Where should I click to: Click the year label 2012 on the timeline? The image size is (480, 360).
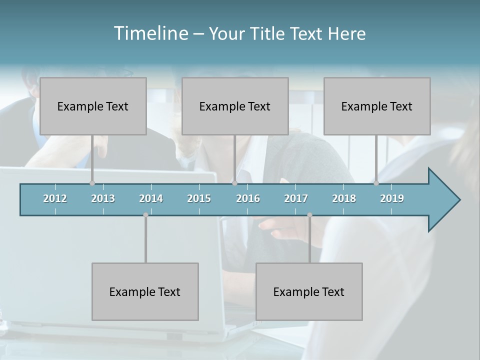[55, 198]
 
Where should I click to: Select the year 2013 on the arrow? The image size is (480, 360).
[103, 198]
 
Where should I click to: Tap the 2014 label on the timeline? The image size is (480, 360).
[151, 198]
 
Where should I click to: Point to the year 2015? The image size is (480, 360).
[199, 198]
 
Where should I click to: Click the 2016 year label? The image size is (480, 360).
[248, 198]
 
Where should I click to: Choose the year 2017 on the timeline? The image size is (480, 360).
[296, 198]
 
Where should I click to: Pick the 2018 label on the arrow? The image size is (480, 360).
[344, 198]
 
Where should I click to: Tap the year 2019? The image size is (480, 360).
[392, 198]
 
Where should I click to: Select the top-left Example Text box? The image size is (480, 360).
[93, 106]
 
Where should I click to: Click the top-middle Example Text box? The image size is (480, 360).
[235, 106]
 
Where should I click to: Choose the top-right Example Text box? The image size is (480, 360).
[377, 106]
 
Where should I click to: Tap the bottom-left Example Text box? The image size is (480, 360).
[145, 291]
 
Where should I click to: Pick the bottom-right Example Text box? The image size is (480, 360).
[309, 291]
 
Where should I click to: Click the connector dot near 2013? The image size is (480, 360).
[92, 183]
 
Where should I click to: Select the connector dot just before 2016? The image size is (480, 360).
[234, 183]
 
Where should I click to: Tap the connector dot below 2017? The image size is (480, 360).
[309, 215]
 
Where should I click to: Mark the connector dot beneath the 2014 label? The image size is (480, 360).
[145, 215]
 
